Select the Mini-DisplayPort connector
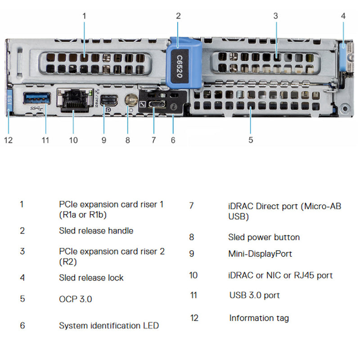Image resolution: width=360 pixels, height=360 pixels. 108,100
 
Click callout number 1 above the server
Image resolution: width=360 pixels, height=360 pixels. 84,16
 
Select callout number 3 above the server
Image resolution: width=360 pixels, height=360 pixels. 275,16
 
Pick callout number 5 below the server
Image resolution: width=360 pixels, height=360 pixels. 251,140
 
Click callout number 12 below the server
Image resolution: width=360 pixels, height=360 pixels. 9,140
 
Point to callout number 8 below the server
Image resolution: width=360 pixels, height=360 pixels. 128,140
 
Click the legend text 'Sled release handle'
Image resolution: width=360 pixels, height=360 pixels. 96,231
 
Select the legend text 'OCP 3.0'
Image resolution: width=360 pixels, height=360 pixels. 75,299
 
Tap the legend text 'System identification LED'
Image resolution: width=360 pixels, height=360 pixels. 108,325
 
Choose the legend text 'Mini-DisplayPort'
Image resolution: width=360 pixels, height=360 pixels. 260,254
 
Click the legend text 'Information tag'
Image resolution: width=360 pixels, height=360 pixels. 259,318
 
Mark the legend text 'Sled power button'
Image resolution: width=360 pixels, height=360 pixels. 264,237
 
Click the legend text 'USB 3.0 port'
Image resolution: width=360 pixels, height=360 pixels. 254,295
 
